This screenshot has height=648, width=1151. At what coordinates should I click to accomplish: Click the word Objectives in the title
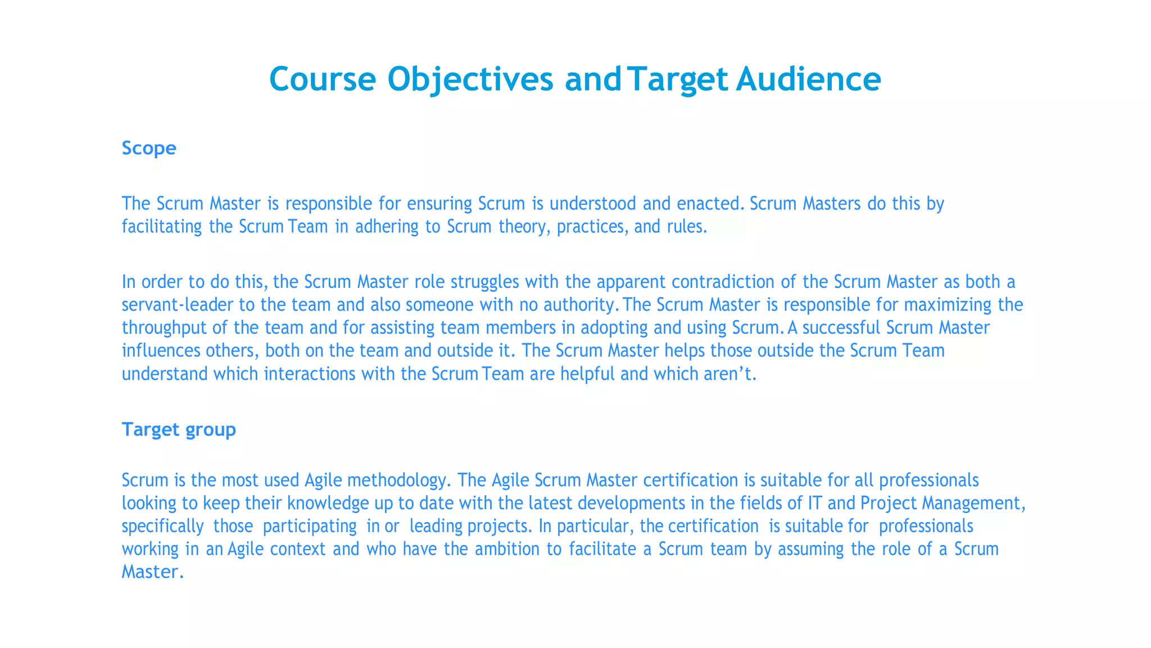(470, 79)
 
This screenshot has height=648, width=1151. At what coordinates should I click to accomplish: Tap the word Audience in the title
(808, 79)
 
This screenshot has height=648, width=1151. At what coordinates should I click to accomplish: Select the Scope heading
(149, 148)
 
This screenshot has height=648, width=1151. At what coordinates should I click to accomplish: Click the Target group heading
(179, 429)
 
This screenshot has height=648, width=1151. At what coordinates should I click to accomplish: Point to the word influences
(161, 350)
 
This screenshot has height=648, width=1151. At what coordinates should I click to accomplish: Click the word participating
(310, 526)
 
